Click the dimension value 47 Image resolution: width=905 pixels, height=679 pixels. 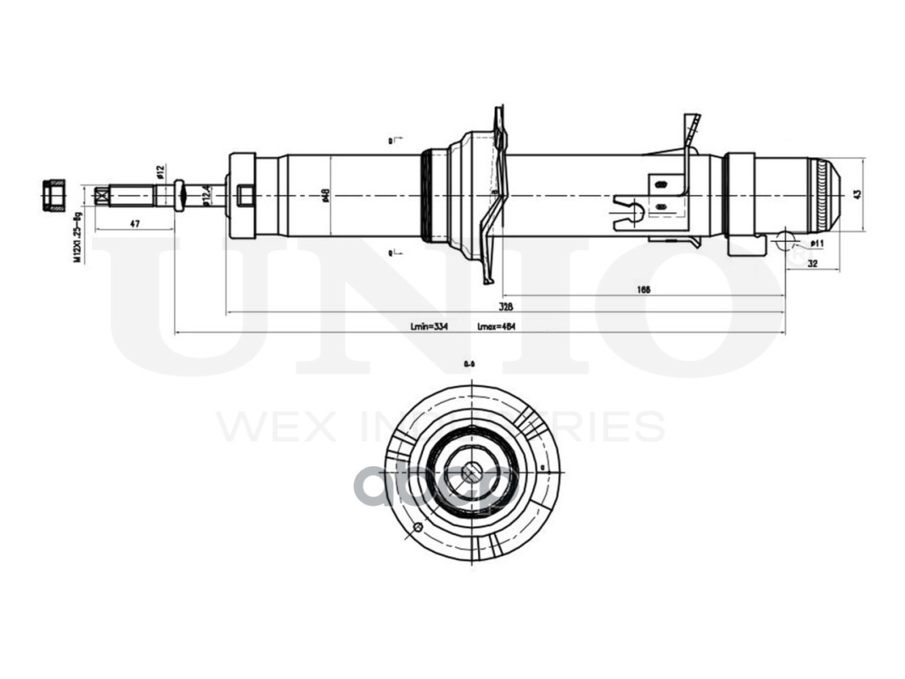pyautogui.click(x=134, y=223)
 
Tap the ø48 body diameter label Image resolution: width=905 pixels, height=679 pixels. pyautogui.click(x=326, y=196)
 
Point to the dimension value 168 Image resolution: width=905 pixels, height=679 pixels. pyautogui.click(x=643, y=289)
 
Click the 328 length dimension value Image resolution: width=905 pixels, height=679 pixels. pyautogui.click(x=506, y=306)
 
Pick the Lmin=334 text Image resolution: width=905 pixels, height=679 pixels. pyautogui.click(x=429, y=326)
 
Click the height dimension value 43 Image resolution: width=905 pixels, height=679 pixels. pyautogui.click(x=858, y=194)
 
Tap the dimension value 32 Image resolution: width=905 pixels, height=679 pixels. pyautogui.click(x=812, y=264)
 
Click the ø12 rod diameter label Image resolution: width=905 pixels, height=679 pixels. pyautogui.click(x=160, y=171)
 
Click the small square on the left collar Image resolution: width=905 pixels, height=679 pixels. pyautogui.click(x=245, y=196)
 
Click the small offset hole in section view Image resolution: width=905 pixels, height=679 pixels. pyautogui.click(x=417, y=527)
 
